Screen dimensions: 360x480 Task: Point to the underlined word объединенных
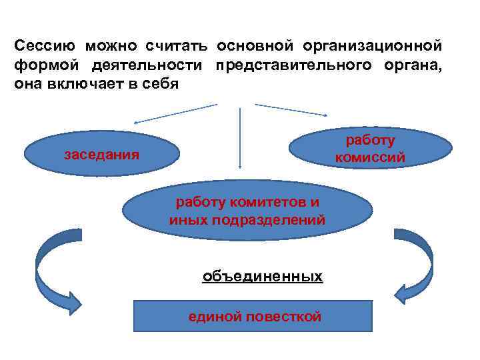pyautogui.click(x=263, y=276)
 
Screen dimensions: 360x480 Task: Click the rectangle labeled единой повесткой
pyautogui.click(x=253, y=316)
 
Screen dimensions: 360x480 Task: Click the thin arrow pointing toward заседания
pyautogui.click(x=176, y=113)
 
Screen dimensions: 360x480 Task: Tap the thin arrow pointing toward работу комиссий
pyautogui.click(x=290, y=110)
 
